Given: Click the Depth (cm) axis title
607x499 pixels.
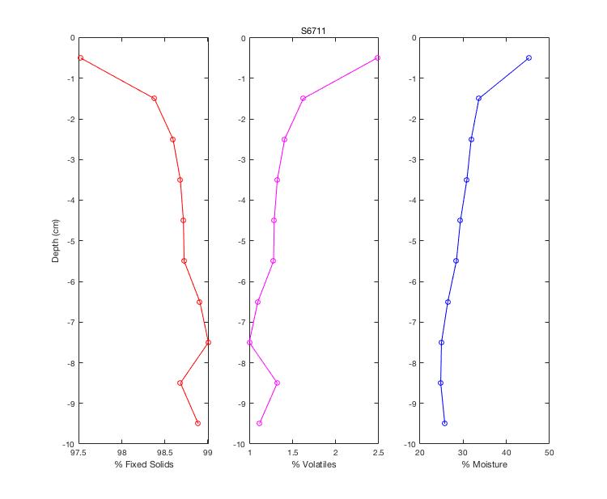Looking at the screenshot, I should click(56, 241).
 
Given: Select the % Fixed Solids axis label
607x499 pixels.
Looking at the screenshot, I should click(144, 465).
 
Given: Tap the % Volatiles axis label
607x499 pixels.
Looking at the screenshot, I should click(314, 465).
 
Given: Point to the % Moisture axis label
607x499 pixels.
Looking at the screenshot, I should click(484, 465).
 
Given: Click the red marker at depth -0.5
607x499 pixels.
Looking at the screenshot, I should click(80, 57).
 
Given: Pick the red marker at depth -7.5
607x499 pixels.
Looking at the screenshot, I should click(208, 342).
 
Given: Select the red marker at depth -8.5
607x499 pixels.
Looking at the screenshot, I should click(180, 383).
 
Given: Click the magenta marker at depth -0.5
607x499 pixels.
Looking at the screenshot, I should click(378, 57).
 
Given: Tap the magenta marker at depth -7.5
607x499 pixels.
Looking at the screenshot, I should click(249, 342).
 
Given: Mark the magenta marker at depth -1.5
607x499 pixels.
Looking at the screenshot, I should click(303, 98).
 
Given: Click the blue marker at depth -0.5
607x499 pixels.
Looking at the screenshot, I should click(528, 57).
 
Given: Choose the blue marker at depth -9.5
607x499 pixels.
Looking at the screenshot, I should click(444, 423).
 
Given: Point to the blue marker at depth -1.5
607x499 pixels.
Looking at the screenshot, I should click(478, 98).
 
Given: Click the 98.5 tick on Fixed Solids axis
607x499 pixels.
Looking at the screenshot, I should click(165, 453).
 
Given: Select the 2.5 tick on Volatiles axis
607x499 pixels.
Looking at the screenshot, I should click(378, 453).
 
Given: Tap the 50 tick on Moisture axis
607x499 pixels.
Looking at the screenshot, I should click(549, 453).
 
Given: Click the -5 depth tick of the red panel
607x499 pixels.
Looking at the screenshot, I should click(71, 241).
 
